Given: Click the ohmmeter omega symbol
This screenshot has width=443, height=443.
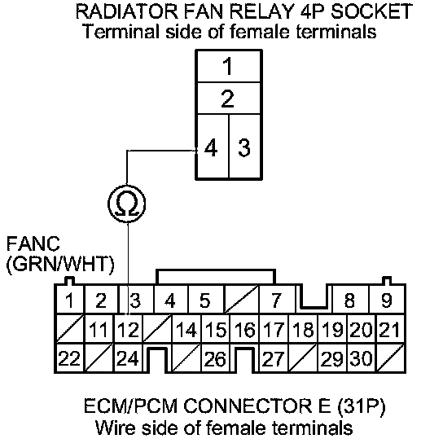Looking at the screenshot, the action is tap(127, 204).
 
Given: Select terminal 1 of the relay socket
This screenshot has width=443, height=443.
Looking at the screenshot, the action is tap(228, 66).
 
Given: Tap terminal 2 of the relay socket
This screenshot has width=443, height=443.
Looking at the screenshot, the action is tap(228, 99).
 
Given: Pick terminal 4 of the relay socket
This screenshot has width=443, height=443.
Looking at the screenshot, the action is tap(213, 147).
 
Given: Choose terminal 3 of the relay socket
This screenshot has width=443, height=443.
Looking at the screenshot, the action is tap(244, 147).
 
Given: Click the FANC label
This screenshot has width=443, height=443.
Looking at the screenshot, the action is tap(33, 243).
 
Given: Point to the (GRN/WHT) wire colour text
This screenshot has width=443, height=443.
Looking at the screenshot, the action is tap(60, 264).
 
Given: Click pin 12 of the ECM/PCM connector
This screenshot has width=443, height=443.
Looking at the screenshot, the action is tap(129, 329).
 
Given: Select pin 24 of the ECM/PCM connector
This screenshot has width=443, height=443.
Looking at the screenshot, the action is tap(129, 358).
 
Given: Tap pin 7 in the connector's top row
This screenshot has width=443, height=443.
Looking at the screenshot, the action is tap(277, 300).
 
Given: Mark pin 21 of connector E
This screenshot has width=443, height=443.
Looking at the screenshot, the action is tap(390, 329).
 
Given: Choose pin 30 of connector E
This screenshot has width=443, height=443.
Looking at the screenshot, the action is tap(362, 358).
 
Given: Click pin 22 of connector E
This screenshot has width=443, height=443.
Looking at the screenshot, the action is tap(70, 358).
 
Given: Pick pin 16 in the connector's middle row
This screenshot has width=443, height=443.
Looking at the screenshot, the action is tap(244, 329).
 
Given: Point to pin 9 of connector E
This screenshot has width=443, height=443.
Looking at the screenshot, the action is tap(387, 300).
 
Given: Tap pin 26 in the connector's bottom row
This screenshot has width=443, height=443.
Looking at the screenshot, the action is tap(215, 358).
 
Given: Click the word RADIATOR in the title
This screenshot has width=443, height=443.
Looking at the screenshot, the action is tap(127, 11).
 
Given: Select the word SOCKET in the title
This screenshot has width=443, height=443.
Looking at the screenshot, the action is tap(372, 11).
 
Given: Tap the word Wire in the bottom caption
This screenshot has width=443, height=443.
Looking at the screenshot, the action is tap(116, 428).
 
